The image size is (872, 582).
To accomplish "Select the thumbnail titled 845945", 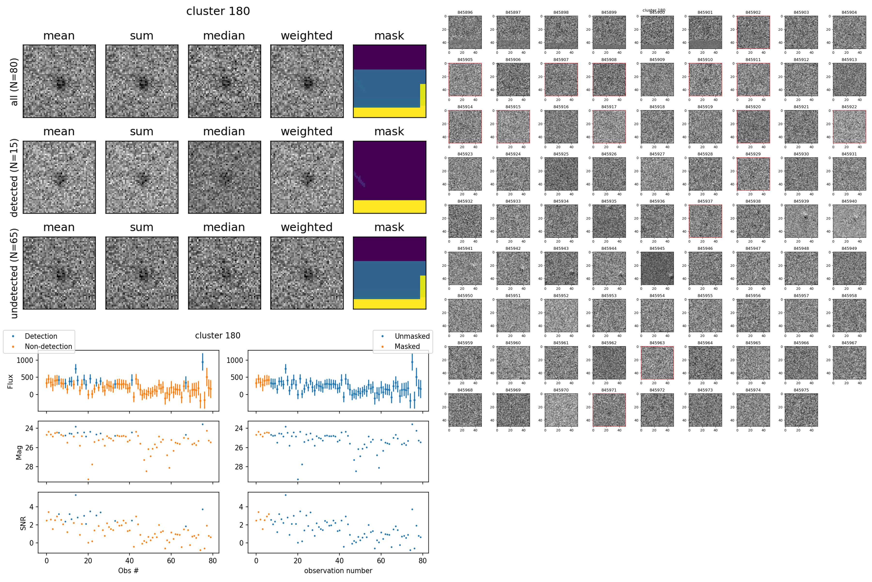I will point(657,268).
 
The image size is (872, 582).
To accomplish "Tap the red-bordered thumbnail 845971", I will point(609,410).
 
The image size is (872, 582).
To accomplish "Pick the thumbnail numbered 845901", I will point(705,32).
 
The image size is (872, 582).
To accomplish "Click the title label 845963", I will point(657,343).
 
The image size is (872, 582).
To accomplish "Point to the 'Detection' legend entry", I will point(41,336).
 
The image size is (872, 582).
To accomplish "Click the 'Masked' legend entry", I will point(407,346).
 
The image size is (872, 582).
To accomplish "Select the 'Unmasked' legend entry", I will point(412,336).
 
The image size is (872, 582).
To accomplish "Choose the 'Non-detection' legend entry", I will point(48,346).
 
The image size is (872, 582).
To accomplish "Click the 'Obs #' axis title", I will point(128,570).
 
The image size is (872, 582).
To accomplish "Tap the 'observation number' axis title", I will point(338,570).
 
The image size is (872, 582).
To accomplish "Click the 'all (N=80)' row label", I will point(14,82).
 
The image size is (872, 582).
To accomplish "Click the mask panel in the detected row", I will point(389,177).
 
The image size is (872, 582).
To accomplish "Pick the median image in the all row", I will point(224,81).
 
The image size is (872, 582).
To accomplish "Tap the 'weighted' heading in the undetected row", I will point(306,227).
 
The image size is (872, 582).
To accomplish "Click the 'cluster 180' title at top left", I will point(218,11).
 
